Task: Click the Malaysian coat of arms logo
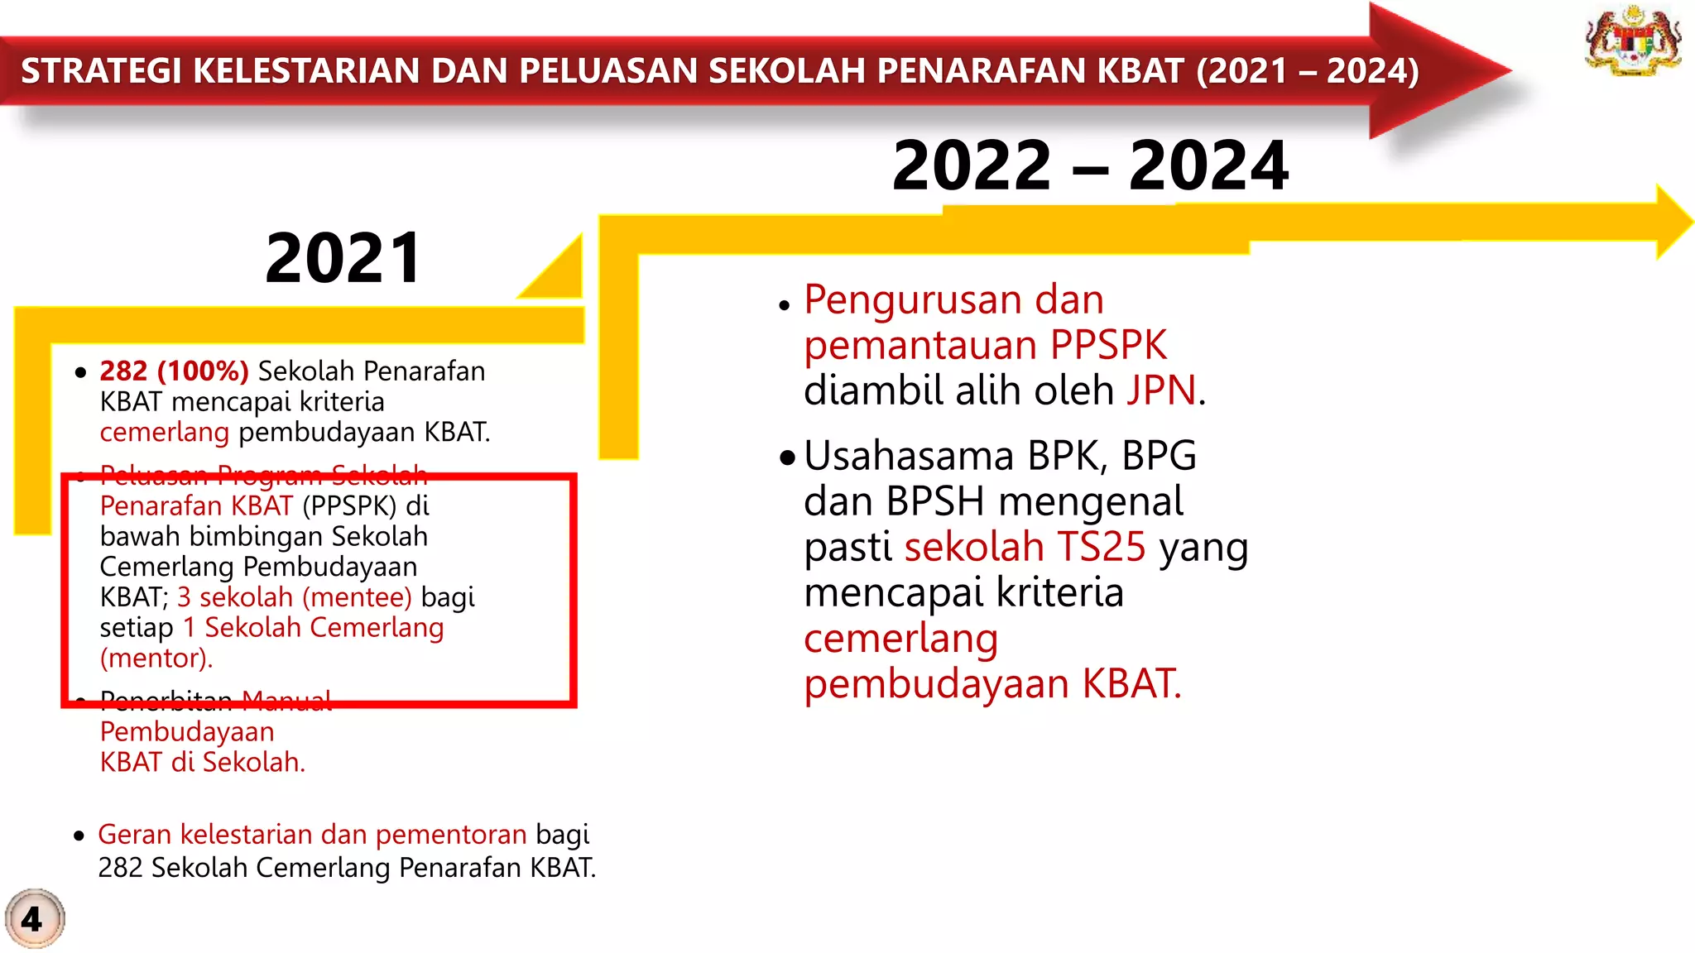click(1633, 41)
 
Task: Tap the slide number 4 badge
click(33, 919)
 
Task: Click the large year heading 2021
click(343, 258)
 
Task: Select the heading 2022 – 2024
click(1090, 165)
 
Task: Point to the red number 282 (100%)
click(174, 371)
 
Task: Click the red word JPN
click(1161, 390)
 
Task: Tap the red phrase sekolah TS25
click(1025, 547)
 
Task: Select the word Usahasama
click(909, 456)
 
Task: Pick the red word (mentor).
click(156, 658)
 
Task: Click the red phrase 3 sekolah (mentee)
click(294, 597)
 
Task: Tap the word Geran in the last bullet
click(134, 835)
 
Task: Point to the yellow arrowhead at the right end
click(1673, 222)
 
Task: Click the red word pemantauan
click(919, 345)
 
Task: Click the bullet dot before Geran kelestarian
click(79, 836)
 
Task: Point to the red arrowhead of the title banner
click(1436, 69)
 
